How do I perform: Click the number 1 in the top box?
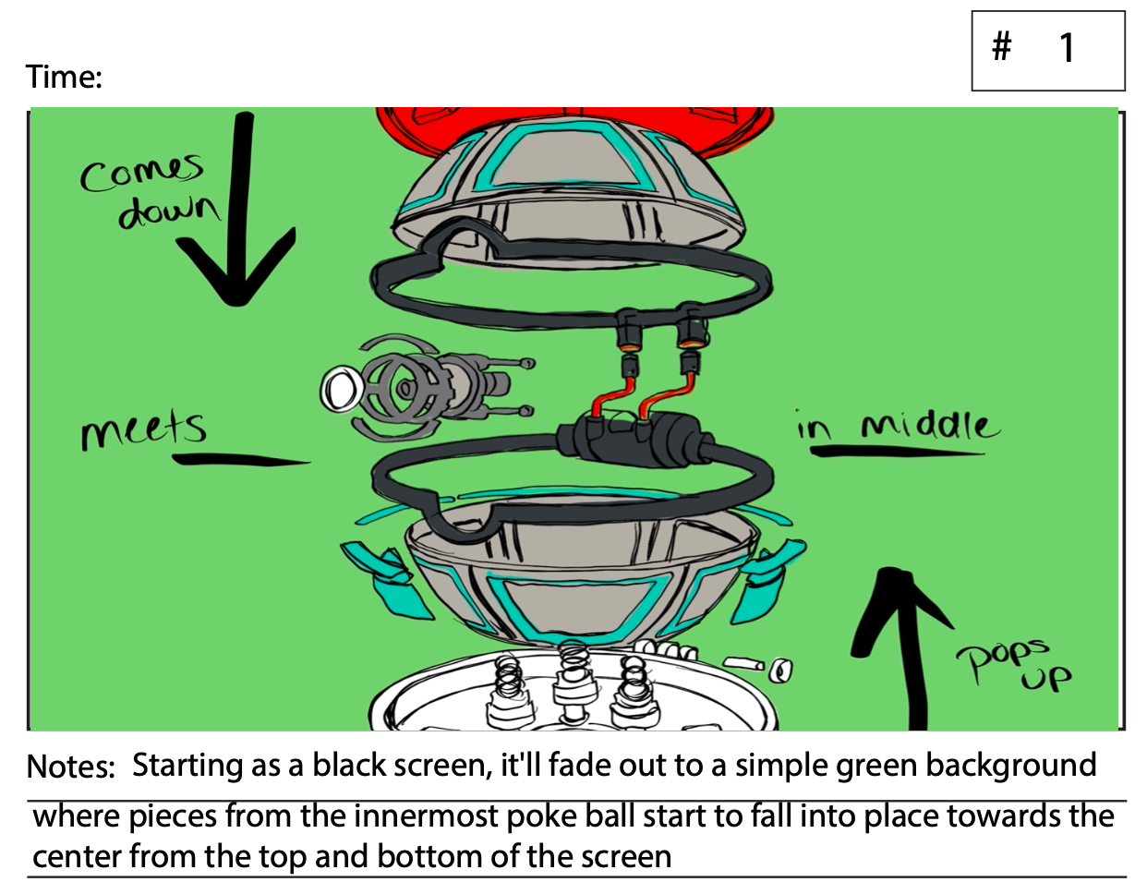[x=1067, y=48]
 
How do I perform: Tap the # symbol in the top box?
[x=1002, y=45]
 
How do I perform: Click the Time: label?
[x=64, y=77]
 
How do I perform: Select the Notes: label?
[x=70, y=767]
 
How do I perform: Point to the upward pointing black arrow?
[x=910, y=646]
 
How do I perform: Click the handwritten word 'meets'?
[x=143, y=430]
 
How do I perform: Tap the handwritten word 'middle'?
[x=929, y=426]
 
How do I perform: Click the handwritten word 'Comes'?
[x=140, y=172]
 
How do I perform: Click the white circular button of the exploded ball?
[x=341, y=389]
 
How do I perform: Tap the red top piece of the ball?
[x=573, y=125]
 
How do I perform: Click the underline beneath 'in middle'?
[x=896, y=452]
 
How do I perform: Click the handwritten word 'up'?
[x=1045, y=681]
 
